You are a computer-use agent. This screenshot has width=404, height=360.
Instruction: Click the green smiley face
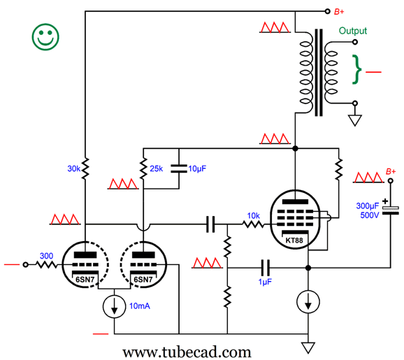[45, 37]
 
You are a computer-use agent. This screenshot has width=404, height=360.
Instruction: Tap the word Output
[352, 31]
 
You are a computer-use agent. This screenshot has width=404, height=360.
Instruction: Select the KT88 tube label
[294, 240]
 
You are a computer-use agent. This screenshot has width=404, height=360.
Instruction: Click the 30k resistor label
[73, 168]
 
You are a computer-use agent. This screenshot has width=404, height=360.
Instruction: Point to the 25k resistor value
[156, 168]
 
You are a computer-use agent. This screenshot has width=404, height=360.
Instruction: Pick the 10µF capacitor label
[197, 168]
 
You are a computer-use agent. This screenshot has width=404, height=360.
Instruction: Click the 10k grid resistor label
[254, 216]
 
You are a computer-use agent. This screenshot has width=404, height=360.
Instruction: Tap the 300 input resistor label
[46, 256]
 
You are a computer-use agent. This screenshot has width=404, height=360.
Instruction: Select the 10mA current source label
[140, 306]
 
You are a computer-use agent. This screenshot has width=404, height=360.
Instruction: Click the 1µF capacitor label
[265, 282]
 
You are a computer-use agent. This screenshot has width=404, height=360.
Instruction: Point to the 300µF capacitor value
[368, 206]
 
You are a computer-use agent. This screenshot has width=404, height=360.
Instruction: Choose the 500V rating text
[370, 215]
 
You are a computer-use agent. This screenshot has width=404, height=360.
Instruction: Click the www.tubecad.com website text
[187, 352]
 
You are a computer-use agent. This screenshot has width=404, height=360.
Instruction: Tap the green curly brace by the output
[357, 69]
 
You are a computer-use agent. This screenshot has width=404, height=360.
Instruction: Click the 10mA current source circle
[114, 307]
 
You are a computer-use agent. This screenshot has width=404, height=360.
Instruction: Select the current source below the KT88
[308, 301]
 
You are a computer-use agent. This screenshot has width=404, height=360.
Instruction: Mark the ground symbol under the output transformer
[355, 120]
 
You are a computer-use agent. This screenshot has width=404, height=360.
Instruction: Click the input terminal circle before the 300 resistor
[25, 265]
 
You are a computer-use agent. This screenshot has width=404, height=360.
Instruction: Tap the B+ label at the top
[339, 12]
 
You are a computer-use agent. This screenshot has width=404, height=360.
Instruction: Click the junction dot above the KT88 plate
[295, 148]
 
